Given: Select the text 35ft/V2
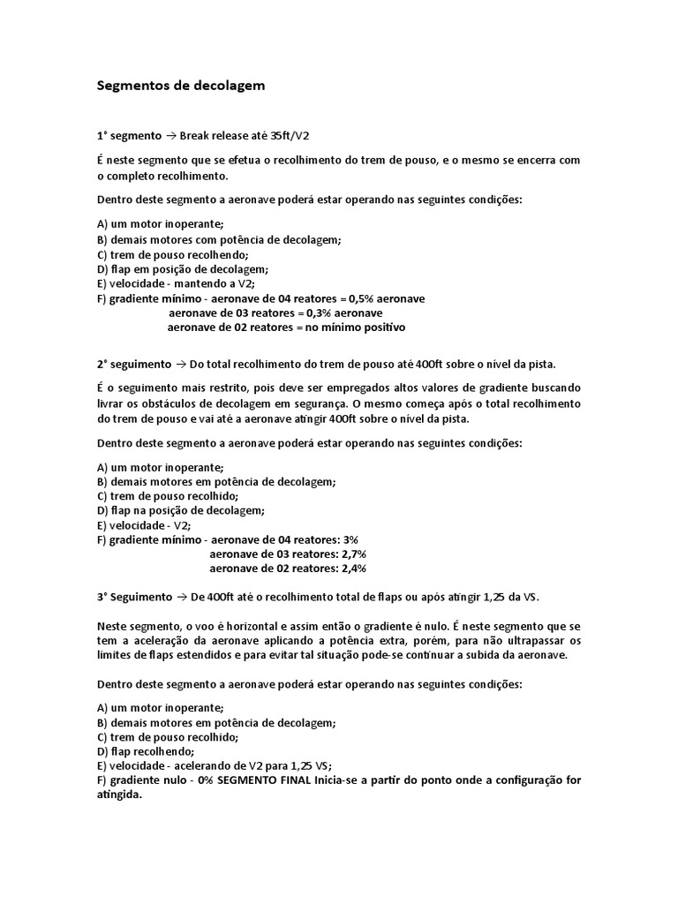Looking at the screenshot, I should pyautogui.click(x=290, y=136).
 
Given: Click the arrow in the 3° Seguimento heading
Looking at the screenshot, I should pyautogui.click(x=182, y=598).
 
